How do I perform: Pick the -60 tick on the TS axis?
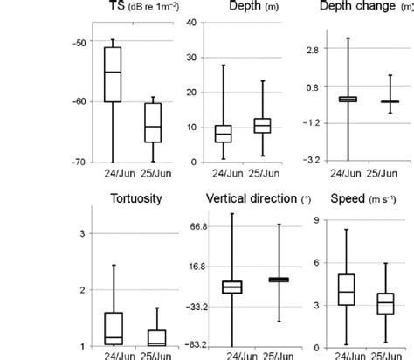(x=55, y=102)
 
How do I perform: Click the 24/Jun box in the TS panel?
(x=113, y=74)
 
